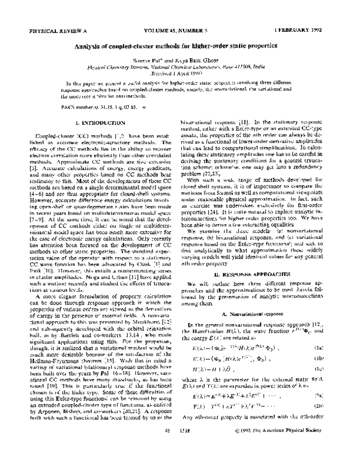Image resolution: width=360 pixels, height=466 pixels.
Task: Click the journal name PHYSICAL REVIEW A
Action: [53, 29]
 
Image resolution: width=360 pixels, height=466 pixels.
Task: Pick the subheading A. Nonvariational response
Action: [257, 331]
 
